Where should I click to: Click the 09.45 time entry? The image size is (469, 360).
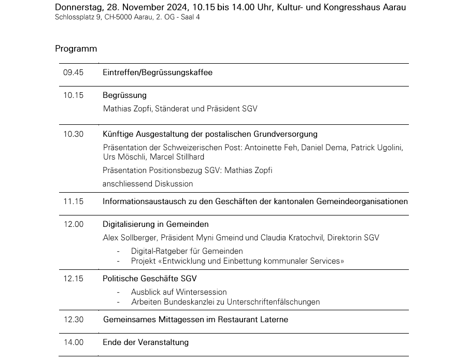coord(73,73)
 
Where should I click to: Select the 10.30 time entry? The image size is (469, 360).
coord(73,134)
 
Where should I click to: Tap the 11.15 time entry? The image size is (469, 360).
coord(73,201)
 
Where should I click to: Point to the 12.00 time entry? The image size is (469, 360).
coord(73,224)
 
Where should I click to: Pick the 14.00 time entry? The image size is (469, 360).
coord(73,342)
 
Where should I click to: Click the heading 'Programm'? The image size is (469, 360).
coord(76,49)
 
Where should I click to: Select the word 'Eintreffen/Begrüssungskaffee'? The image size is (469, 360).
coord(158,73)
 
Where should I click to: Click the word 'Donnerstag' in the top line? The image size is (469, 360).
coord(77,7)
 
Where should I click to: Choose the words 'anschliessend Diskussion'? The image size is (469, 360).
coord(148,184)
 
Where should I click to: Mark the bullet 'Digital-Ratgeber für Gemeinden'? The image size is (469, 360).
coord(187,251)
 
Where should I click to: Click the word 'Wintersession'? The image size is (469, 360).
coord(202,292)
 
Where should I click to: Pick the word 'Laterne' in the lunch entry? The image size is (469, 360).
coord(274,320)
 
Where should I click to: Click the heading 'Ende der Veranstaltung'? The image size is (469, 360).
coord(146,342)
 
